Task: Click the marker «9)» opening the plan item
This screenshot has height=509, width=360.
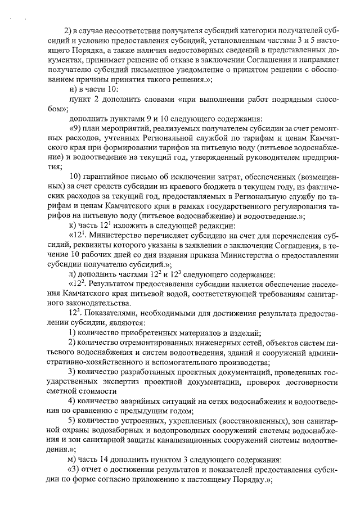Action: [74, 128]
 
